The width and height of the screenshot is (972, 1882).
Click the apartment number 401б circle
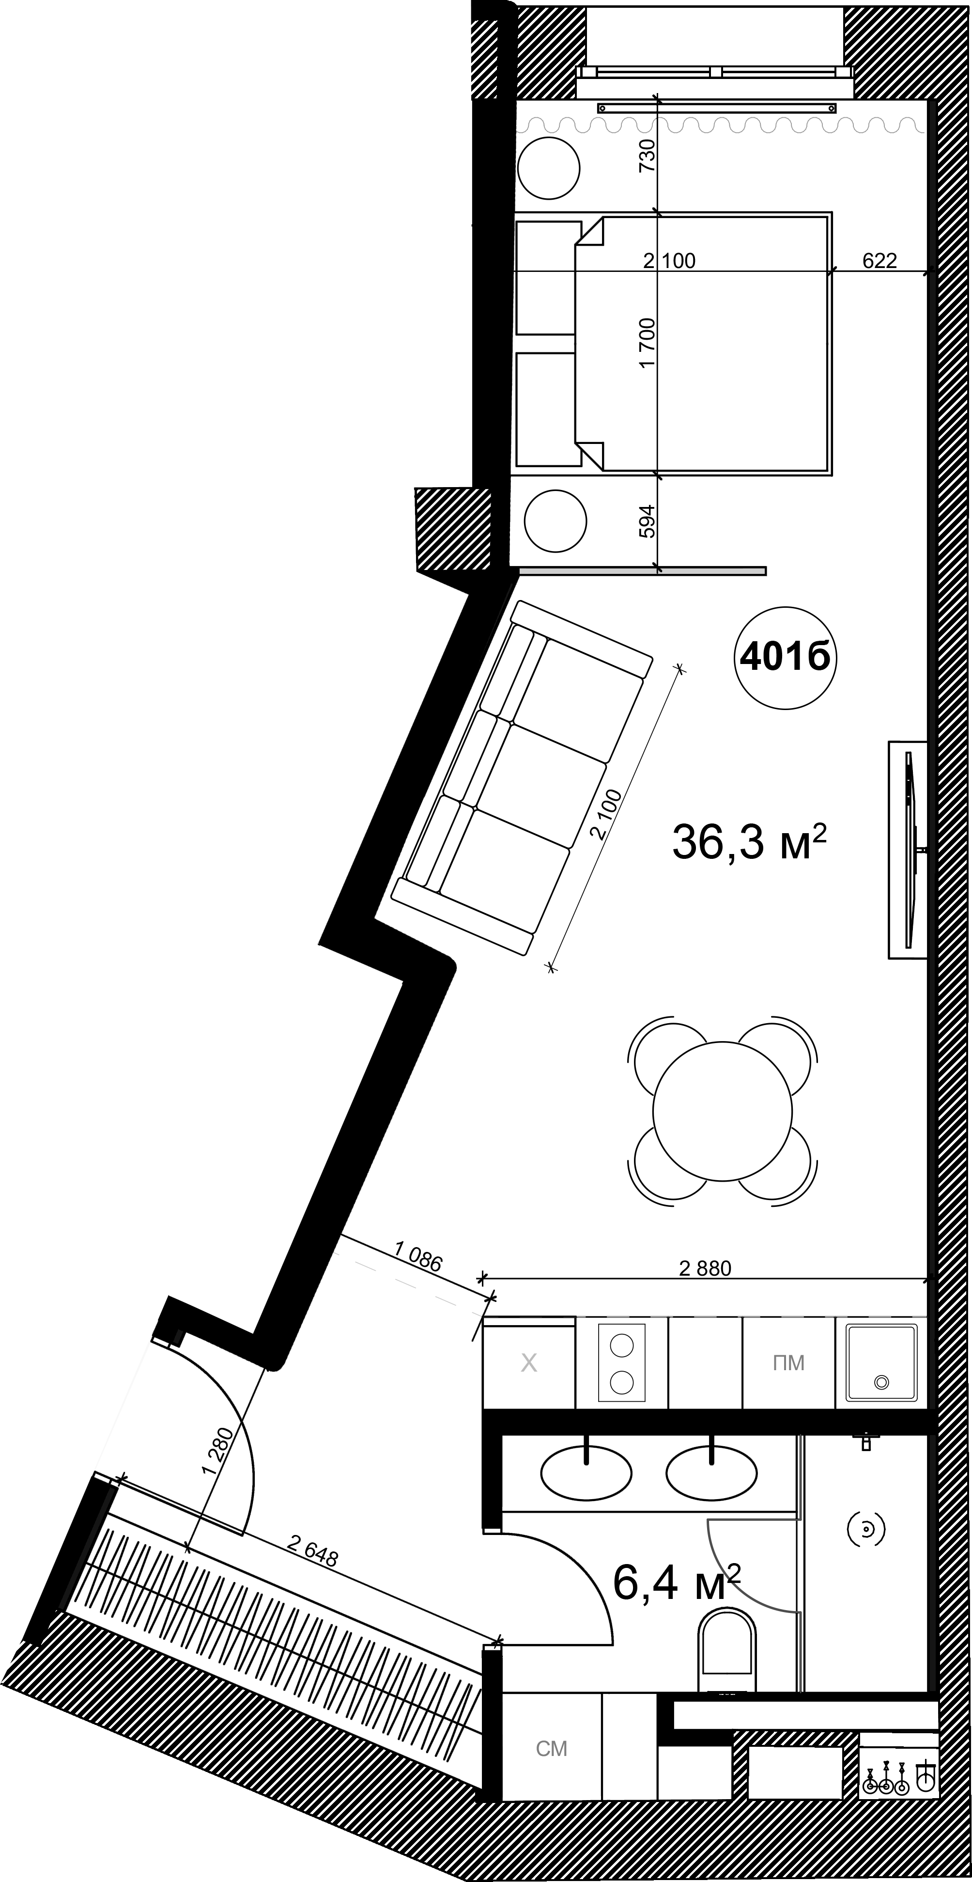coord(785,658)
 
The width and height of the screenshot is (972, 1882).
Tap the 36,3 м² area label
coord(749,841)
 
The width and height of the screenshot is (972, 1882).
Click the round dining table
coord(722,1110)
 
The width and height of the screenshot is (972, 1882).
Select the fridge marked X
coord(529,1363)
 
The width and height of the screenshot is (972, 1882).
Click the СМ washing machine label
coord(551,1763)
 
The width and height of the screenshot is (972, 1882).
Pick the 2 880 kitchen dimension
coord(705,1268)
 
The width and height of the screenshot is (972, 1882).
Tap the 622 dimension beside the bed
coord(879,261)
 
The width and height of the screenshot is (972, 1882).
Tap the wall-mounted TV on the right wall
coord(909,849)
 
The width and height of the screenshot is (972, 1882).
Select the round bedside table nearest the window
coord(548,168)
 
